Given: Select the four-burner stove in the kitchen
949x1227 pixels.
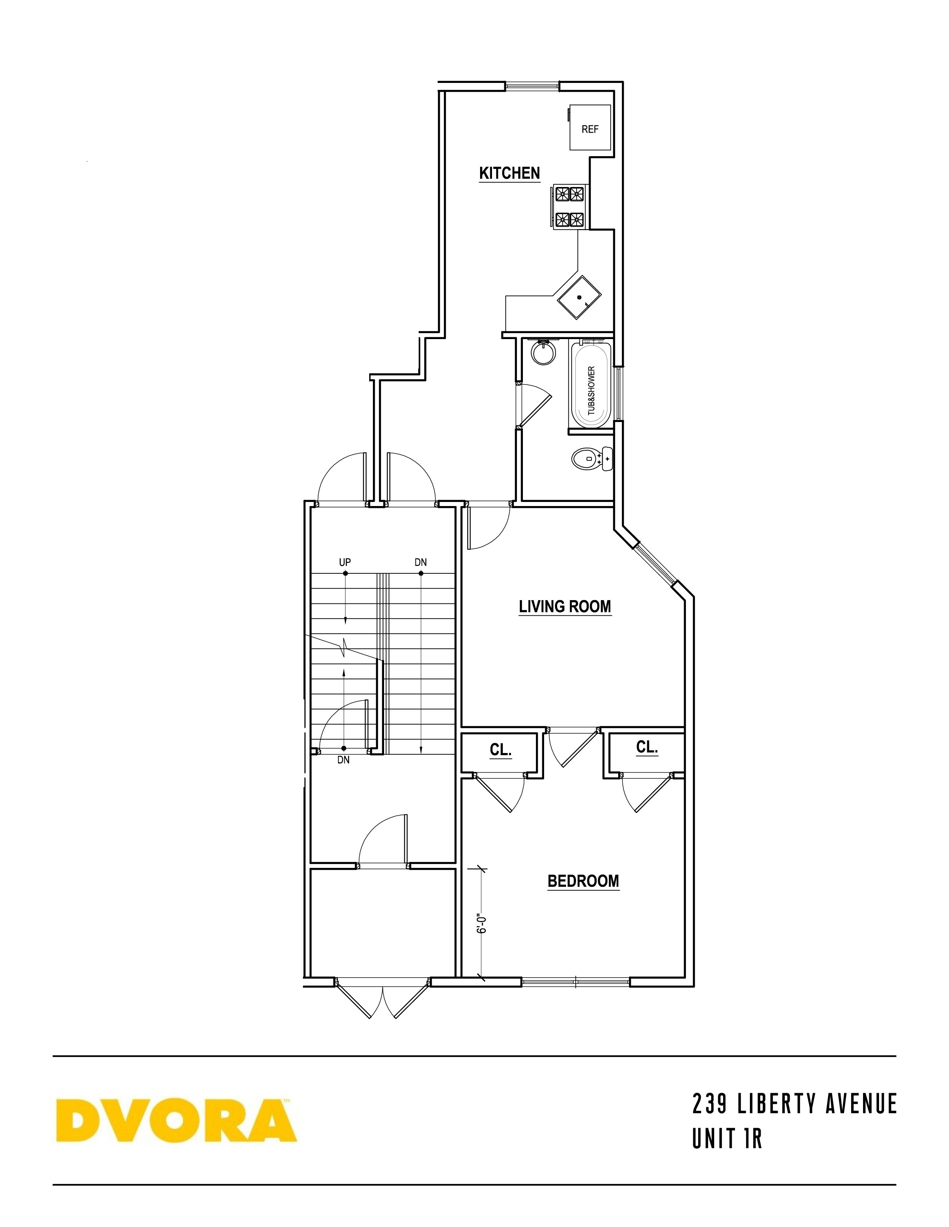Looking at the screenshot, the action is pyautogui.click(x=569, y=206).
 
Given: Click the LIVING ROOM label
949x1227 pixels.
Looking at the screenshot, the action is pyautogui.click(x=565, y=607).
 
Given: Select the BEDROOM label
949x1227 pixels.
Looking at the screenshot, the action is pyautogui.click(x=583, y=881).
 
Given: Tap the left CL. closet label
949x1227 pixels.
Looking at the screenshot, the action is pyautogui.click(x=500, y=750).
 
